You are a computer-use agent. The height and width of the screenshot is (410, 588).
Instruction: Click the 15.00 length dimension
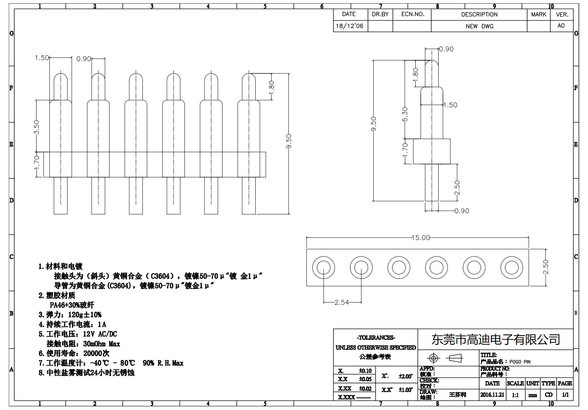coord(420,238)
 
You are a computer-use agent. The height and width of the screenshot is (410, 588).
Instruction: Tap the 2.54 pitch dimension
coord(341,303)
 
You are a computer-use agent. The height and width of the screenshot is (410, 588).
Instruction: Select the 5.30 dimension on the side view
coord(405,114)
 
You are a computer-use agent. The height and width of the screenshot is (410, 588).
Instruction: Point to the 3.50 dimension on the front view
coord(36,127)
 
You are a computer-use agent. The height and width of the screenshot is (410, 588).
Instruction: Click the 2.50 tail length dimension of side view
coord(457,187)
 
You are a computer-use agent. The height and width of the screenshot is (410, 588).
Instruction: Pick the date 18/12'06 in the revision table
coord(350,26)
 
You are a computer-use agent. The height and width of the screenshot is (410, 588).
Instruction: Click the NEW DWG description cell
coord(479,26)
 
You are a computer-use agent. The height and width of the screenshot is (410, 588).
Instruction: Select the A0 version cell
coord(561,26)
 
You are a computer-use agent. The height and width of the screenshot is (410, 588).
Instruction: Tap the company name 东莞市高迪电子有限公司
coord(496,340)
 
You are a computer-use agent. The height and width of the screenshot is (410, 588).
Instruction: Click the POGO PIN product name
coord(520,362)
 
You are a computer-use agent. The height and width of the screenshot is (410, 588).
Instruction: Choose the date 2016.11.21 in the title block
coord(492,395)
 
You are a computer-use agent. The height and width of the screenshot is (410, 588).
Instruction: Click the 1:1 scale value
coord(515,395)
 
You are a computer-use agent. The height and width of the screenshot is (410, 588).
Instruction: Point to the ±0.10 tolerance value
coord(365,371)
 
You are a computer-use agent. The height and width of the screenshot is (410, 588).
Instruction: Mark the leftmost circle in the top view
coord(324,267)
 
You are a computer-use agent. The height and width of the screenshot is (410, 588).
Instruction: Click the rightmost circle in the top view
coord(512,267)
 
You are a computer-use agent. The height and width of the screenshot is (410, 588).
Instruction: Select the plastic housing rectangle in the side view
coord(431,151)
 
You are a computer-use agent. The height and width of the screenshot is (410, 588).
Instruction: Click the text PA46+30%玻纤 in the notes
coord(72,305)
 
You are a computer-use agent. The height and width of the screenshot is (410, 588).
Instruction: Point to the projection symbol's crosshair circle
coord(433,358)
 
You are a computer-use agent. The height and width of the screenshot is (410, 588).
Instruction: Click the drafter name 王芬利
coord(457,395)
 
